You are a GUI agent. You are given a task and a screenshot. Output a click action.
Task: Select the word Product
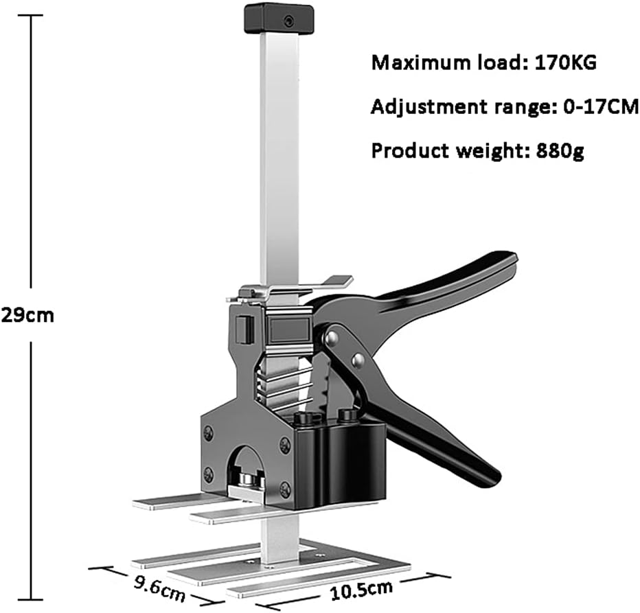pos(406,150)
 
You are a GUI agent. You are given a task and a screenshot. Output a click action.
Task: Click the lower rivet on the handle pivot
pos(356,360)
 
